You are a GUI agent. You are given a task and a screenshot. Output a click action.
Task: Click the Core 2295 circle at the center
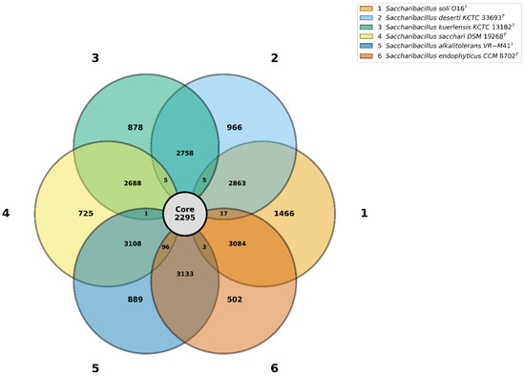[x=184, y=214]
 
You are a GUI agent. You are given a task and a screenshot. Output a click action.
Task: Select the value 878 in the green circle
[x=136, y=128]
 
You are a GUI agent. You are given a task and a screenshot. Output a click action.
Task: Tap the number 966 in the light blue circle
[x=235, y=128]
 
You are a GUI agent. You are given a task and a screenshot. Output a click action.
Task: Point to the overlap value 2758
[x=185, y=154]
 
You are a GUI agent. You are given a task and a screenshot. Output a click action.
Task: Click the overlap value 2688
[x=133, y=183]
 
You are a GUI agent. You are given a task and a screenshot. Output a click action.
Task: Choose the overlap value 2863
[x=237, y=183]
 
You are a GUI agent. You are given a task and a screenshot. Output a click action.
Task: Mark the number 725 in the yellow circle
[x=86, y=214]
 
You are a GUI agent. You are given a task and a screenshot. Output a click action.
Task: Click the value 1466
[x=283, y=214]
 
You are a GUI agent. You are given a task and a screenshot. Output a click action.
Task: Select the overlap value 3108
[x=133, y=243]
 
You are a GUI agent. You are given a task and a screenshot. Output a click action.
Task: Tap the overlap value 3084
[x=237, y=243]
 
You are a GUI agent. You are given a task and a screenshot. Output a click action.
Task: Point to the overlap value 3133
[x=185, y=274]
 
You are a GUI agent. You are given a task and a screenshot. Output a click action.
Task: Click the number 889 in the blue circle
[x=136, y=300]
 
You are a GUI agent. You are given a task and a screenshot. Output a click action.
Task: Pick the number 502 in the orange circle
[x=235, y=300]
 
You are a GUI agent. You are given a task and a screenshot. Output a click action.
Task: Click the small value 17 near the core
[x=223, y=214]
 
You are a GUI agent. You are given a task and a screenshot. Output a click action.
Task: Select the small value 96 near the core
[x=165, y=247]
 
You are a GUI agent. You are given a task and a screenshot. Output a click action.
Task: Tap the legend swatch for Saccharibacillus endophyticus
[x=366, y=56]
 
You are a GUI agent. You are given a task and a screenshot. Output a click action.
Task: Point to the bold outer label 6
[x=274, y=368]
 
